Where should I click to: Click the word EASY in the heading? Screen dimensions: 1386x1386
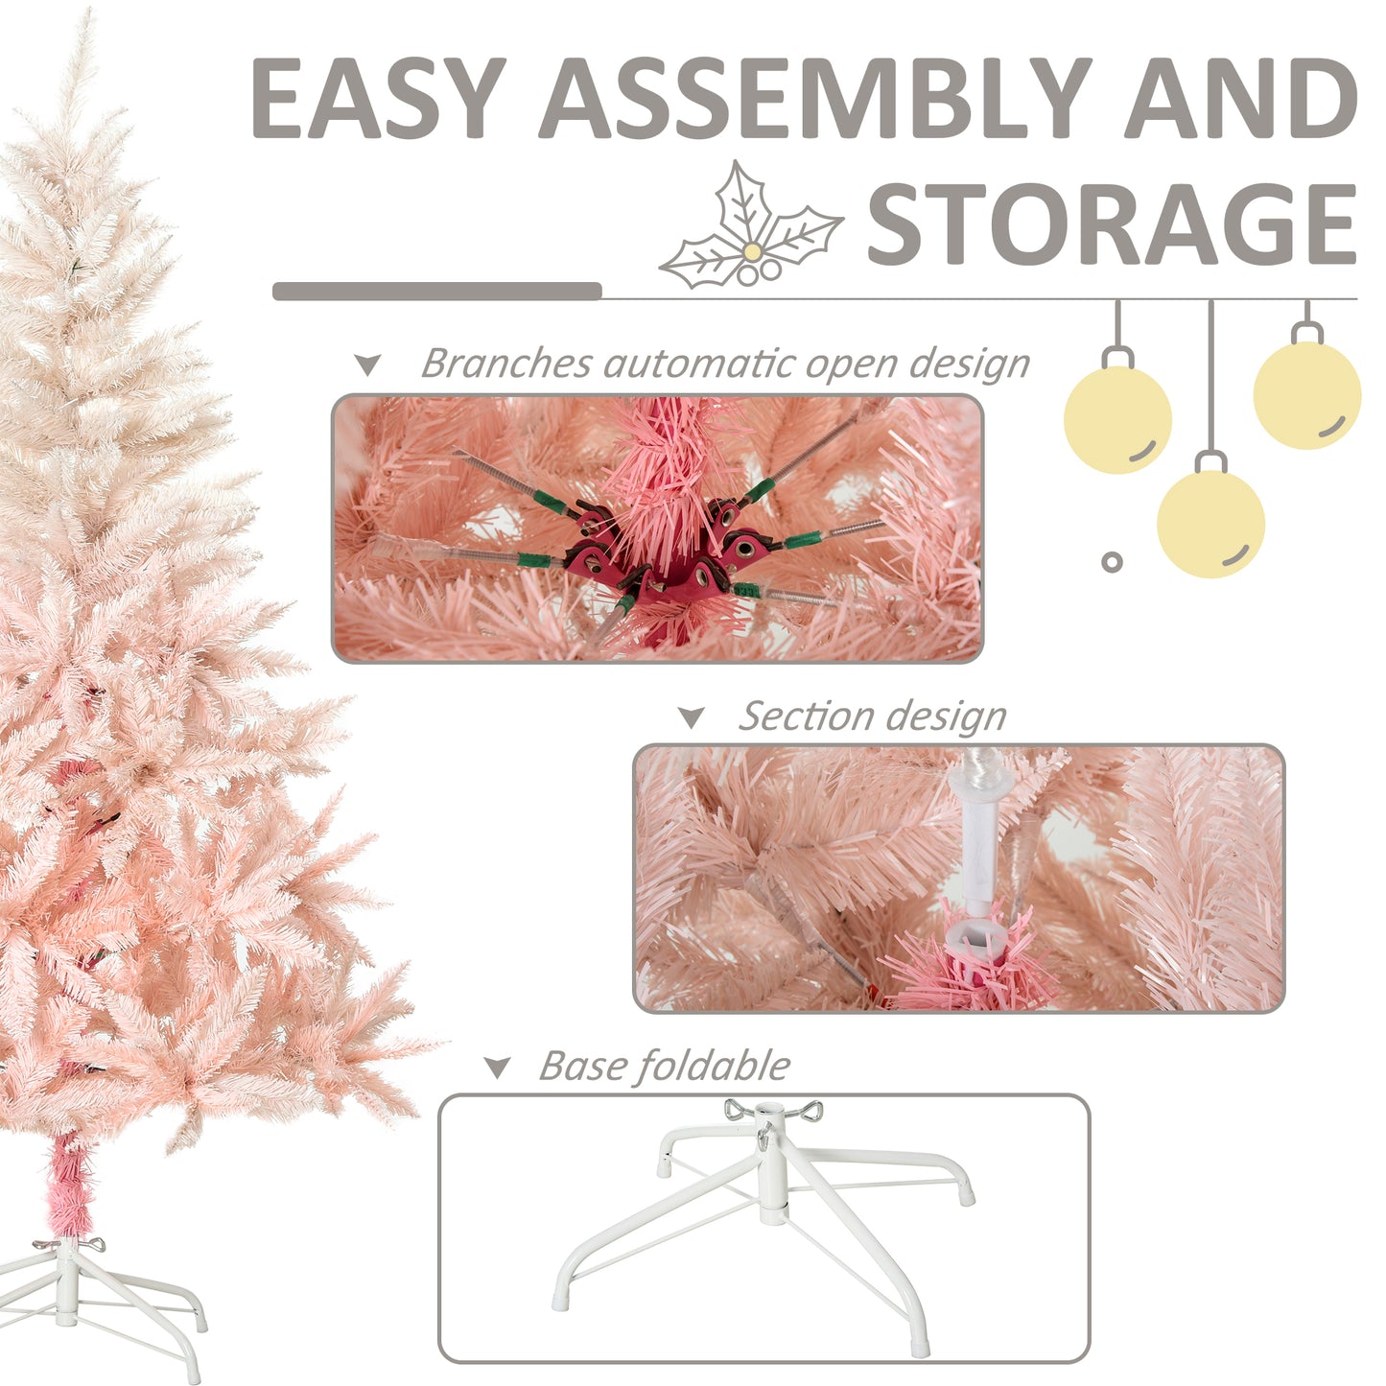pyautogui.click(x=379, y=98)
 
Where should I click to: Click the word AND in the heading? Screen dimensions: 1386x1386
pyautogui.click(x=1240, y=98)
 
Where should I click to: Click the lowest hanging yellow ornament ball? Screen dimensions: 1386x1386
pyautogui.click(x=1210, y=523)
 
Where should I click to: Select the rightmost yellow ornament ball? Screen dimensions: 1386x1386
pyautogui.click(x=1306, y=394)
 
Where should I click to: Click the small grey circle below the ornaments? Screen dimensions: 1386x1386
pyautogui.click(x=1112, y=562)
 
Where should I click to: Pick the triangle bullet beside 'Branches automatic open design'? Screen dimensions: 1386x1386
pyautogui.click(x=367, y=365)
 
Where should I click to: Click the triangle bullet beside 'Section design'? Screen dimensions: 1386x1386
pyautogui.click(x=691, y=717)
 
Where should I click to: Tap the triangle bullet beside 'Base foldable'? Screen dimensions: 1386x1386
pyautogui.click(x=497, y=1068)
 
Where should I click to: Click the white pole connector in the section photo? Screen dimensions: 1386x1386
pyautogui.click(x=975, y=844)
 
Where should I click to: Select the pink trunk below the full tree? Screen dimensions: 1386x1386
pyautogui.click(x=68, y=1186)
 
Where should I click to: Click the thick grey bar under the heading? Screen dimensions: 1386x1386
pyautogui.click(x=436, y=292)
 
